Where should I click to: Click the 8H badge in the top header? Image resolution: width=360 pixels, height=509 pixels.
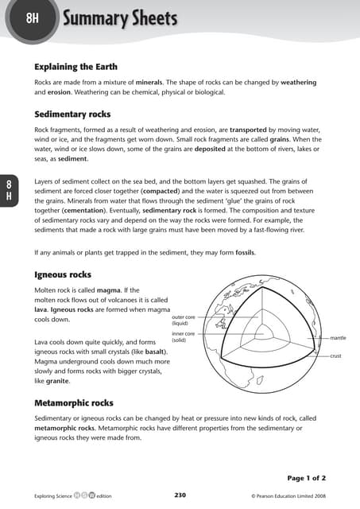point(31,17)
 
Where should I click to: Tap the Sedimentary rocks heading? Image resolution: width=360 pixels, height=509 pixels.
point(75,114)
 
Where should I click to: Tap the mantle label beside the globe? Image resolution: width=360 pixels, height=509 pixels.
point(338,338)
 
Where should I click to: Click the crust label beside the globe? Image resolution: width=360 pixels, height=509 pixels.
point(335,356)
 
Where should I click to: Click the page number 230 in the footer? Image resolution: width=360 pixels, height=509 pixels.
point(180,495)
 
